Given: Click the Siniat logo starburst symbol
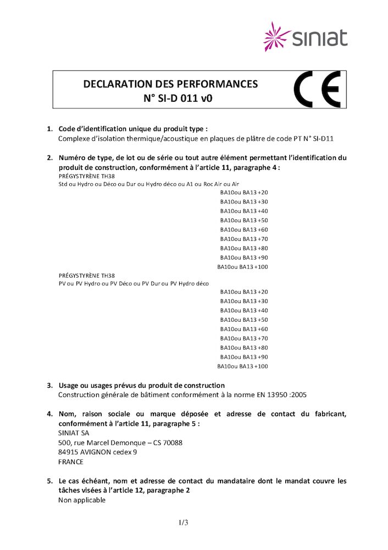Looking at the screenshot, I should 278,37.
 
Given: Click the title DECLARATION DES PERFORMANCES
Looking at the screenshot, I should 170,84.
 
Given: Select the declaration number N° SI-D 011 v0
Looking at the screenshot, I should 170,100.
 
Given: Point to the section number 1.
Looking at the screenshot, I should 49,129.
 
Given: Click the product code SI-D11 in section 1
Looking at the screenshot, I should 322,139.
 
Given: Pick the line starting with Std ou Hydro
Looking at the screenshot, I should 148,184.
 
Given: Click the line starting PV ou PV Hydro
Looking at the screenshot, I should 134,284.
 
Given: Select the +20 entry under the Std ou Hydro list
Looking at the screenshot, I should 262,193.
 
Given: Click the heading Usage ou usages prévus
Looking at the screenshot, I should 141,386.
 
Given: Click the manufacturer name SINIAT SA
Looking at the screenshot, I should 73,433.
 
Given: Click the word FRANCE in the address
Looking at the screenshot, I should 71,462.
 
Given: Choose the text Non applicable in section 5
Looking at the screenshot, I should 82,501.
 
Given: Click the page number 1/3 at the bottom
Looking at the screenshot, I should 184,522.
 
